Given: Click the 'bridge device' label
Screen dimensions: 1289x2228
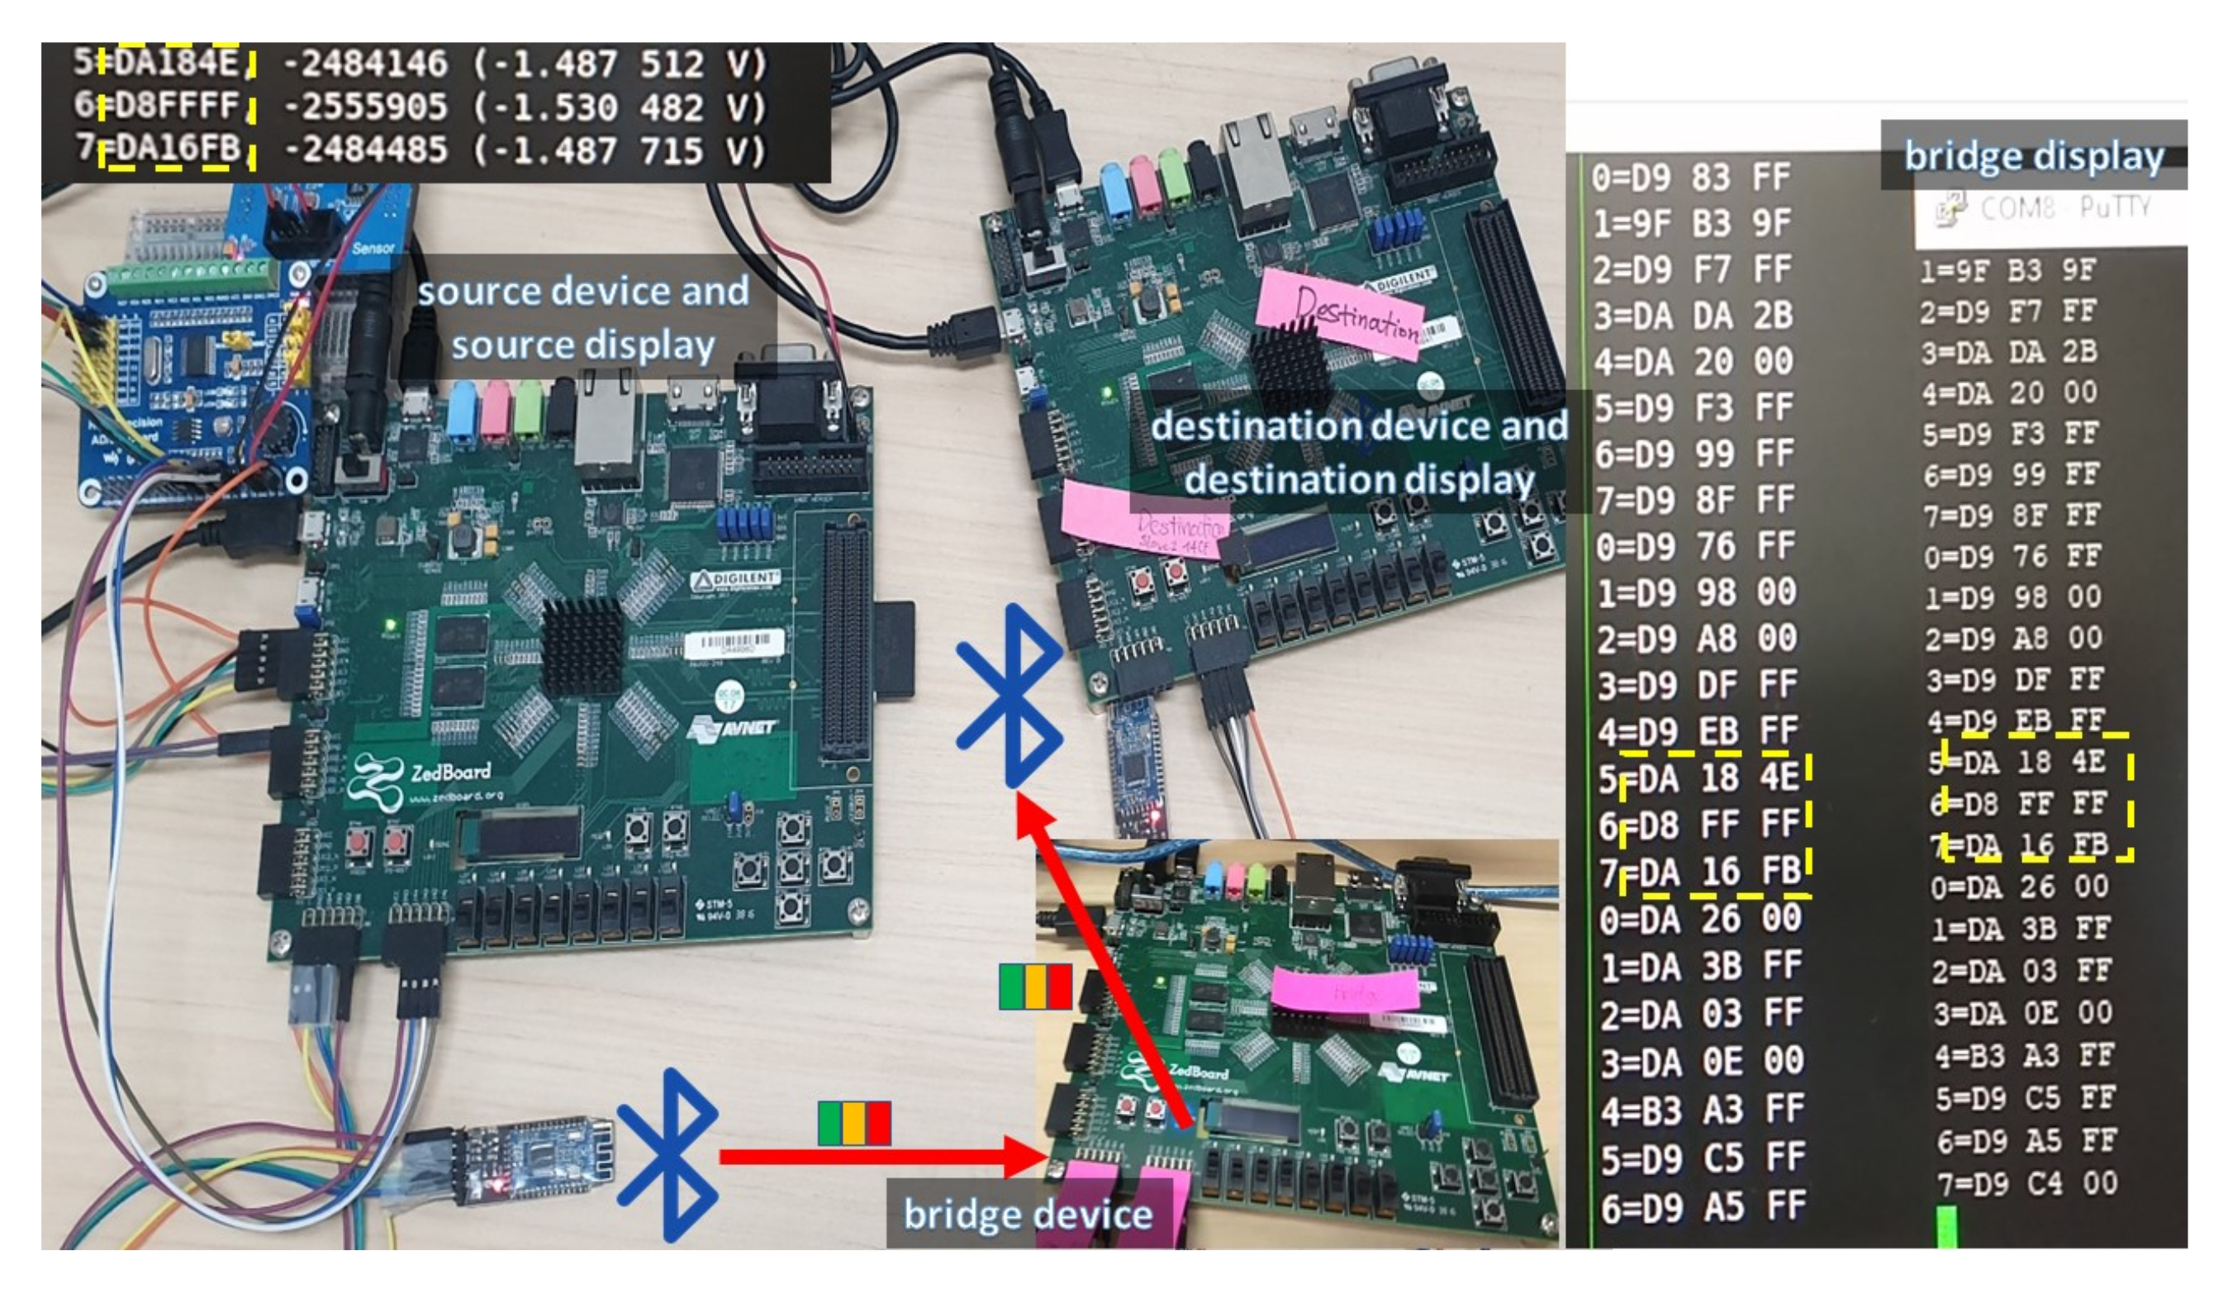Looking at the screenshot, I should pos(1028,1214).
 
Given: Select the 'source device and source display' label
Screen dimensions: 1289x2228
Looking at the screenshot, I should pos(582,317).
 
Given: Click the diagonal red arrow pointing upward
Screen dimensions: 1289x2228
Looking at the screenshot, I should pos(1105,963).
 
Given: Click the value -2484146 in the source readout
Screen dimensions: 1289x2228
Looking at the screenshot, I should pos(365,64).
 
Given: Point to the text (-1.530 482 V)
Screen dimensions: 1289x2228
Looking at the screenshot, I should pos(619,107).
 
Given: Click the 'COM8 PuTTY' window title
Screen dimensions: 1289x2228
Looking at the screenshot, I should pos(2060,209).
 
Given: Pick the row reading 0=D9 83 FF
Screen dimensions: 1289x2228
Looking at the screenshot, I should pos(1689,178).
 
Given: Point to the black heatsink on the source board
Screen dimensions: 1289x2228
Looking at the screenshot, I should pos(581,645).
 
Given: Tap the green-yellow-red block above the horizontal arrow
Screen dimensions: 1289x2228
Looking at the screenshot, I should pos(854,1123).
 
